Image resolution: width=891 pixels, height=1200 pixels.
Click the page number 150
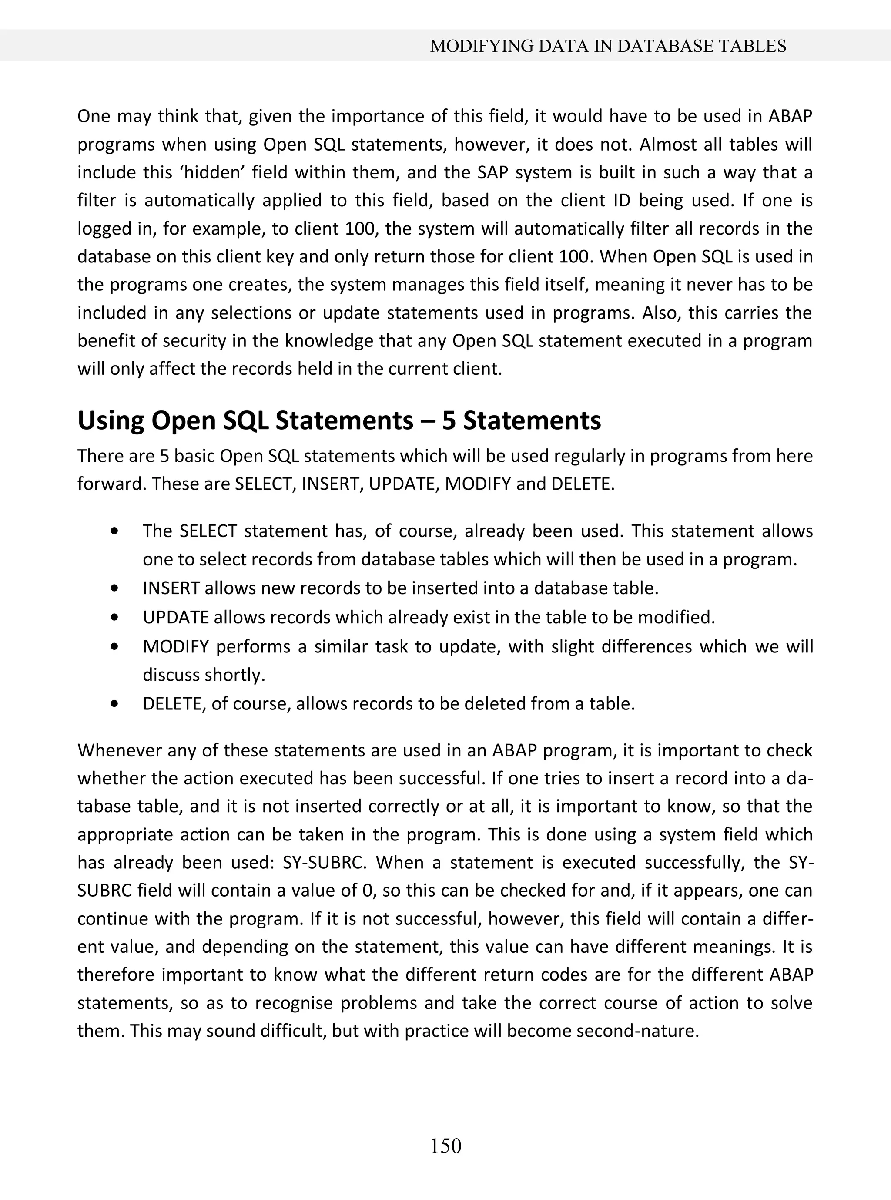click(445, 1145)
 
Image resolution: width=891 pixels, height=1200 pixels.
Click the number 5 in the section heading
click(448, 420)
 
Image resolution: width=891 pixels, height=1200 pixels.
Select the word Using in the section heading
click(111, 420)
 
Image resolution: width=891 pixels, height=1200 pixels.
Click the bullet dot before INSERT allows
click(114, 588)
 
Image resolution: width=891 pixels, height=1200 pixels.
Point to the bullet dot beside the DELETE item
click(114, 704)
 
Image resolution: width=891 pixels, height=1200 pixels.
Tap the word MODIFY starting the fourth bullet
click(175, 646)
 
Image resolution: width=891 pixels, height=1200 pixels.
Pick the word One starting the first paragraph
click(93, 117)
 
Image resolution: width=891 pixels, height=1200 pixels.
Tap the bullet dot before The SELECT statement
click(114, 531)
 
